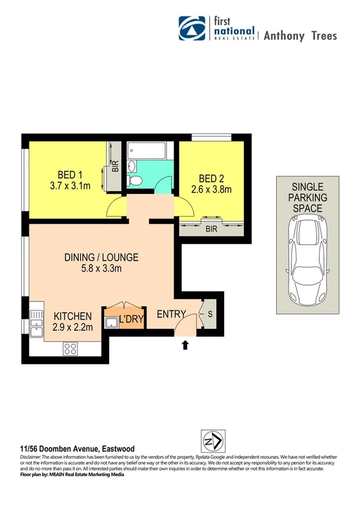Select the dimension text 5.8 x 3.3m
[x=102, y=269]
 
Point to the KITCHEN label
[x=73, y=316]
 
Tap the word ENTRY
[x=171, y=315]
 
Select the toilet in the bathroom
[x=135, y=180]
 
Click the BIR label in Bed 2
[x=212, y=228]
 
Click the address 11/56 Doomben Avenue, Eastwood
[x=78, y=449]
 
